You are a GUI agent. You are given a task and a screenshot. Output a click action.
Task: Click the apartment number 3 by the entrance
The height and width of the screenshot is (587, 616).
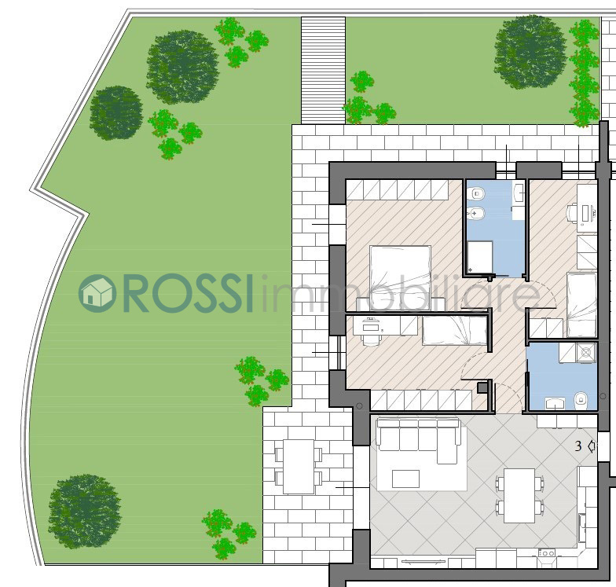click(578, 446)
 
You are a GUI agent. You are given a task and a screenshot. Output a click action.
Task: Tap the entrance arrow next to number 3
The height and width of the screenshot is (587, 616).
click(591, 446)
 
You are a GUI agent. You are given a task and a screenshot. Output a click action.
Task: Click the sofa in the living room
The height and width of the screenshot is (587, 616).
click(419, 440)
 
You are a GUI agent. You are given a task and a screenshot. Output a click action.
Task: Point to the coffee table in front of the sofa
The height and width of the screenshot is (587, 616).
click(405, 479)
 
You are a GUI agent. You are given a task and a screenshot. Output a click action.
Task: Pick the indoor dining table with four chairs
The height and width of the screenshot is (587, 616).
click(519, 495)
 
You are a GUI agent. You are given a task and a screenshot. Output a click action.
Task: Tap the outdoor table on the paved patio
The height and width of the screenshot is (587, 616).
click(299, 467)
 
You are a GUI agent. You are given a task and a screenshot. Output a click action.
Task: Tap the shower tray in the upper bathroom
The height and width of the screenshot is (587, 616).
click(480, 256)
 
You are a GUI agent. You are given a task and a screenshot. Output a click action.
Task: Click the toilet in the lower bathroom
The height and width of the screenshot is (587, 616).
click(580, 401)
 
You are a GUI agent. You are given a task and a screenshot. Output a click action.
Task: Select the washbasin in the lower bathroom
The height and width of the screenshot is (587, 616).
click(555, 403)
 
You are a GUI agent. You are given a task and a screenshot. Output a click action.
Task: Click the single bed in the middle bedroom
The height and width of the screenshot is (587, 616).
click(454, 331)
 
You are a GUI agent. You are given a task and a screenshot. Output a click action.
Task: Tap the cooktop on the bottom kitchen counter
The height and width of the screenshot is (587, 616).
click(546, 553)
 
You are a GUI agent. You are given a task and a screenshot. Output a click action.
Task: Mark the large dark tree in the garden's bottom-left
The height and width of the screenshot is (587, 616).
click(84, 511)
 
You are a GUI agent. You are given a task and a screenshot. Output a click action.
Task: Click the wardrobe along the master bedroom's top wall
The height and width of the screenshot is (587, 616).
click(398, 189)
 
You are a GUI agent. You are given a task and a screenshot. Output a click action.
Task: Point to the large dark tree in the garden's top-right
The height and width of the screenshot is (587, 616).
click(530, 52)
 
